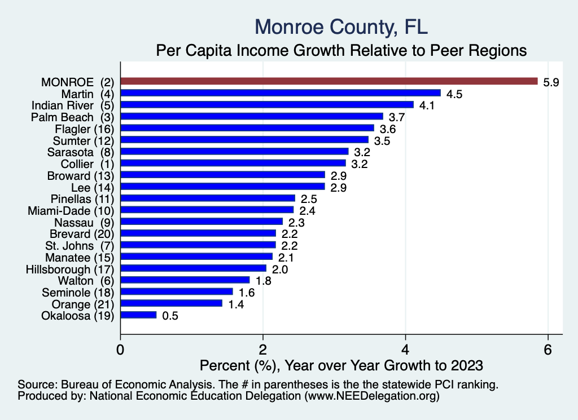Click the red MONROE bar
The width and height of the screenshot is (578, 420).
329,81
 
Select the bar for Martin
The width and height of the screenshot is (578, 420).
281,93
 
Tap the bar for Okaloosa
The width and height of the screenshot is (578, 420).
138,315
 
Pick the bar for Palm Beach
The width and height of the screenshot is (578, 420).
252,116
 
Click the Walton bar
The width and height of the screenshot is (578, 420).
185,280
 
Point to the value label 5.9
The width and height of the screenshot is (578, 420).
551,82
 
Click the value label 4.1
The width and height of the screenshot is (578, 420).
426,105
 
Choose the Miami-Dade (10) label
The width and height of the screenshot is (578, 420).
71,210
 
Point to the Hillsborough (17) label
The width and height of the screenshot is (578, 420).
70,269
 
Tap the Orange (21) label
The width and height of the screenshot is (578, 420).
78,304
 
